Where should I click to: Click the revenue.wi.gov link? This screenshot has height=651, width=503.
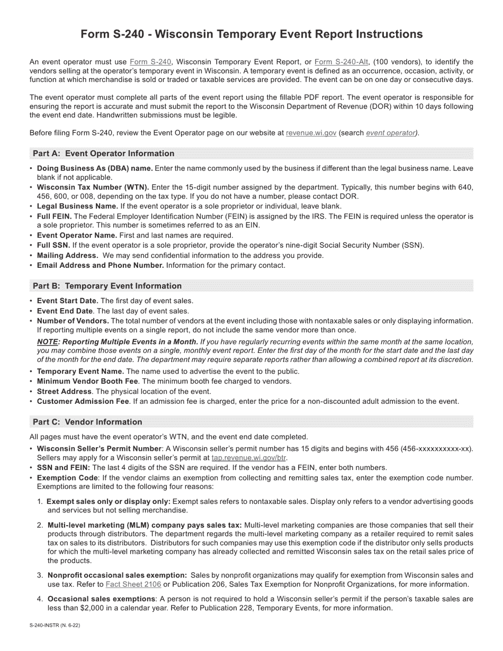(311, 133)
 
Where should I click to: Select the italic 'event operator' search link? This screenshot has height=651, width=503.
(390, 133)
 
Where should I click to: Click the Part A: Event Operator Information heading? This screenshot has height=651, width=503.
(104, 153)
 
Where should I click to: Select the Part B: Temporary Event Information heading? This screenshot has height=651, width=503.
(107, 286)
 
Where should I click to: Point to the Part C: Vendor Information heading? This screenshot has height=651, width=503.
(87, 422)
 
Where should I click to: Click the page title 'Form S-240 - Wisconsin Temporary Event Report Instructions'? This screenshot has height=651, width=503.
(251, 34)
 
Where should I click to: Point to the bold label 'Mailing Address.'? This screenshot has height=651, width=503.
(67, 255)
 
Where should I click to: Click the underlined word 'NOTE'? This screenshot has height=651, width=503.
(47, 342)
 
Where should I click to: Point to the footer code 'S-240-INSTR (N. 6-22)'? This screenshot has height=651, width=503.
(55, 625)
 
